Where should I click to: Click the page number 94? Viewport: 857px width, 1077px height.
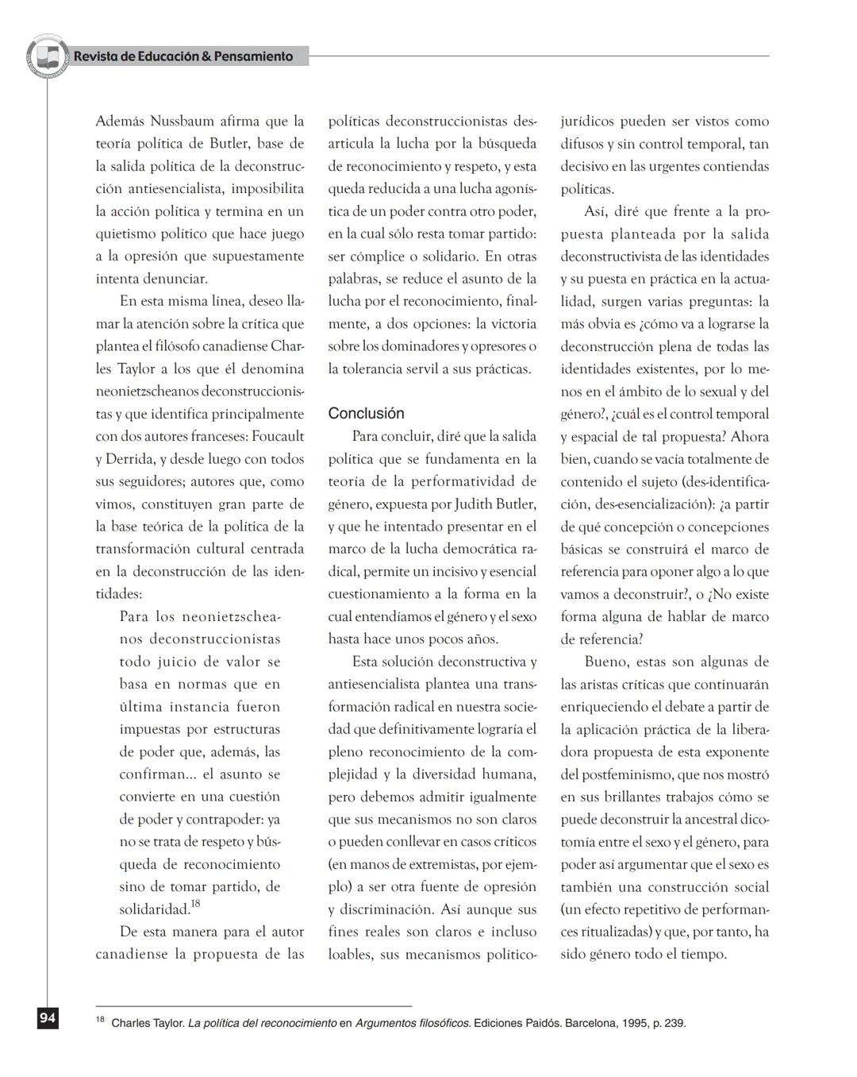point(47,1018)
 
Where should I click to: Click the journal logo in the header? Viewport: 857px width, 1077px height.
point(48,56)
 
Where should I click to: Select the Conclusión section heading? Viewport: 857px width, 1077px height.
point(366,413)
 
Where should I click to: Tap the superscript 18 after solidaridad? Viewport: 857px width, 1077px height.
point(195,903)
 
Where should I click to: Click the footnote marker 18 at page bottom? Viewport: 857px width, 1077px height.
point(100,1019)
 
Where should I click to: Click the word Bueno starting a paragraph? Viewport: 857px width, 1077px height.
point(604,662)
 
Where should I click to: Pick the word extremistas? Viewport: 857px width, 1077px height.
point(436,864)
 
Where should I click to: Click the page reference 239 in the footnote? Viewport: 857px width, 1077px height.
point(674,1023)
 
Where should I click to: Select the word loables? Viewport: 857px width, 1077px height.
point(350,955)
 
